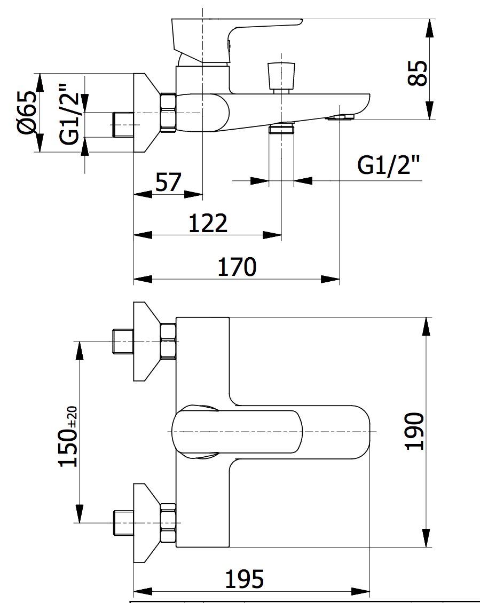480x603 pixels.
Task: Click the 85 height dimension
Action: [418, 73]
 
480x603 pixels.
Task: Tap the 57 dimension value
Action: [168, 183]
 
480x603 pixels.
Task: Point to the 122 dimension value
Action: [208, 223]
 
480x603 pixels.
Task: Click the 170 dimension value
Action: [237, 267]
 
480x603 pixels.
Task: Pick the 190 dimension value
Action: [415, 431]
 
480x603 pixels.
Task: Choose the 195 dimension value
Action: [244, 579]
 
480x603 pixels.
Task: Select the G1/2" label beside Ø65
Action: [69, 113]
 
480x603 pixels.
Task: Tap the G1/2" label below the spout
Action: [388, 166]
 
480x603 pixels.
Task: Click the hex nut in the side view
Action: [168, 113]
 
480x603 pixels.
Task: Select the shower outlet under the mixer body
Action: [281, 129]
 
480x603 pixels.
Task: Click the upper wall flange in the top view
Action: [145, 342]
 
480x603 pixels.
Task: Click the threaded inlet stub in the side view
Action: [123, 124]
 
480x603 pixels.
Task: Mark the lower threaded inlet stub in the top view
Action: [123, 522]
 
